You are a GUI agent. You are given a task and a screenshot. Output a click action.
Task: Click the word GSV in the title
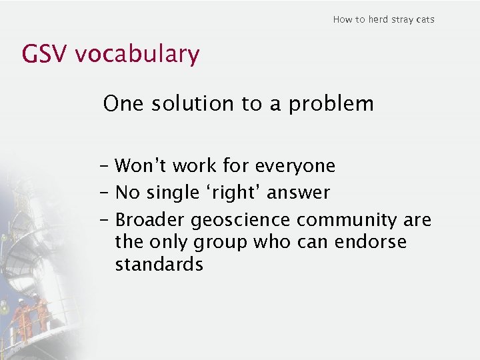click(45, 54)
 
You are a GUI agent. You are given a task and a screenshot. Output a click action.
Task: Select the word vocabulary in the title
click(137, 55)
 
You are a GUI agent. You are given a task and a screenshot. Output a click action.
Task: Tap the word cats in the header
click(424, 19)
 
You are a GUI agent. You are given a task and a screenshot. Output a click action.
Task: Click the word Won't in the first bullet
click(137, 165)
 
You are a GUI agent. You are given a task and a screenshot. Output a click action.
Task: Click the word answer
click(298, 193)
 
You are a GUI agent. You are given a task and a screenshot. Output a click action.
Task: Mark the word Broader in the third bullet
click(151, 219)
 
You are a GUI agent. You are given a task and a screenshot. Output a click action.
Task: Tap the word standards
click(159, 264)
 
